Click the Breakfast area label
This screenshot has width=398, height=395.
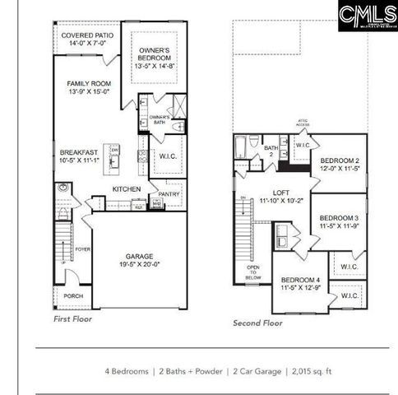(79, 157)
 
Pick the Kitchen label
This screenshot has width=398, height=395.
(127, 188)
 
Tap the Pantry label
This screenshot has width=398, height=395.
(169, 194)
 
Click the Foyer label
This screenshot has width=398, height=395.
(82, 248)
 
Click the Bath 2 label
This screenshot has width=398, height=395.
(269, 151)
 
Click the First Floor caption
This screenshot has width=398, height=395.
(73, 318)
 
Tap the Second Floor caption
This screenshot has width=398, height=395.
(257, 323)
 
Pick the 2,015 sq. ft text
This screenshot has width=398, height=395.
(312, 371)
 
